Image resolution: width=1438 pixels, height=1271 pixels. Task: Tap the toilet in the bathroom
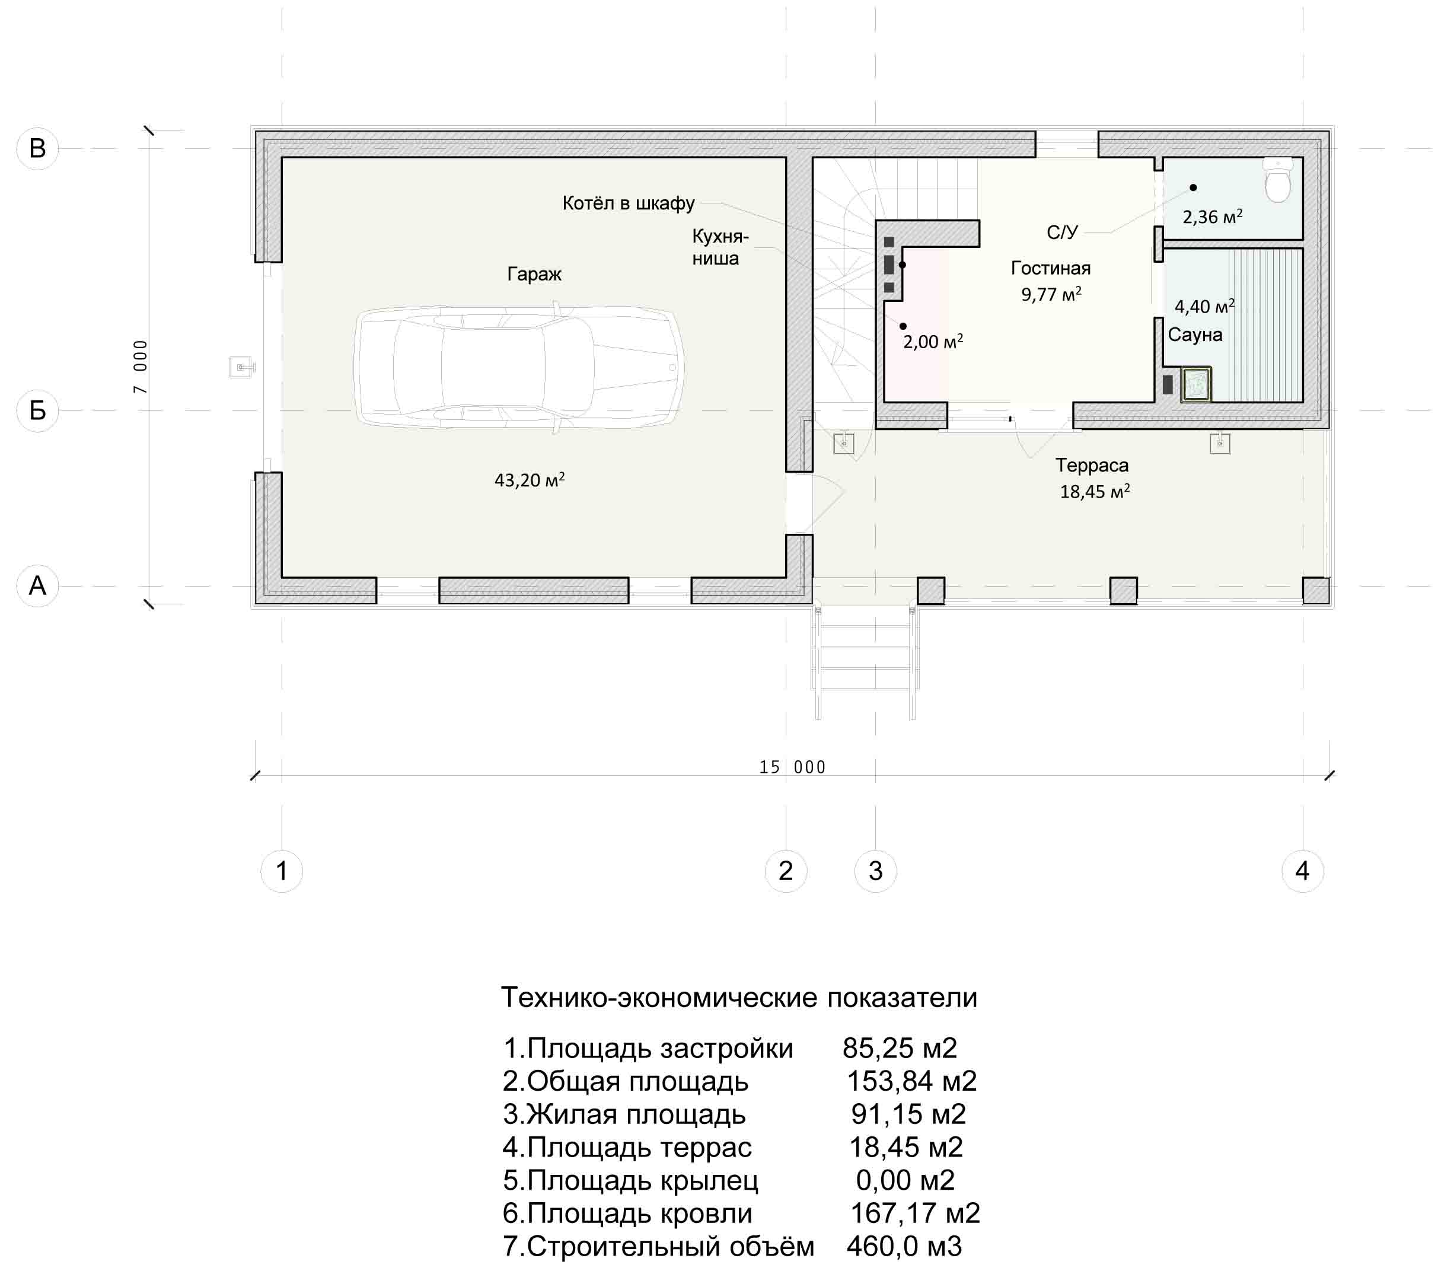point(1278,180)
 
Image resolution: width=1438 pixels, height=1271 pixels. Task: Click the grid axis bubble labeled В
point(37,148)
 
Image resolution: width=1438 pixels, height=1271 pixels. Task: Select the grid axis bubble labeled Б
point(37,410)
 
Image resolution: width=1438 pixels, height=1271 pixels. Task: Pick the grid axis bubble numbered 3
point(875,871)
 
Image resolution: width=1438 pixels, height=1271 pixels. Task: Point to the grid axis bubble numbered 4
point(1302,871)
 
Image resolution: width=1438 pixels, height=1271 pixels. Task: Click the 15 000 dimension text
point(792,767)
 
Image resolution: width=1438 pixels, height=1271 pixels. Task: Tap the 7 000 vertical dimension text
point(141,367)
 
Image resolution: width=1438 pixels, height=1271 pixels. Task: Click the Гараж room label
point(534,274)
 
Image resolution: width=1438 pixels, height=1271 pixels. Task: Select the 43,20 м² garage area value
point(530,480)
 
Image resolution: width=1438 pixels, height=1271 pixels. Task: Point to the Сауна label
point(1195,335)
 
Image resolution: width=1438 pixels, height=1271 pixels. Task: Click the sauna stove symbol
point(1196,384)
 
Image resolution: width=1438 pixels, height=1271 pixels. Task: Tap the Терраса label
point(1092,465)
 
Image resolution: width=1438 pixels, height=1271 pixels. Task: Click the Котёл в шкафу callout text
point(628,203)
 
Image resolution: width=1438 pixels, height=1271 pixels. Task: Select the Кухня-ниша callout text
point(720,247)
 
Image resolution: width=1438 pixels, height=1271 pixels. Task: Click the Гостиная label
point(1051,268)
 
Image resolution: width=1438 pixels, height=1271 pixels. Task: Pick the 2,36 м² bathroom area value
point(1212,216)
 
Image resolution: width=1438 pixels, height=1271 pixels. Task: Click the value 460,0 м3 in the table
point(904,1246)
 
